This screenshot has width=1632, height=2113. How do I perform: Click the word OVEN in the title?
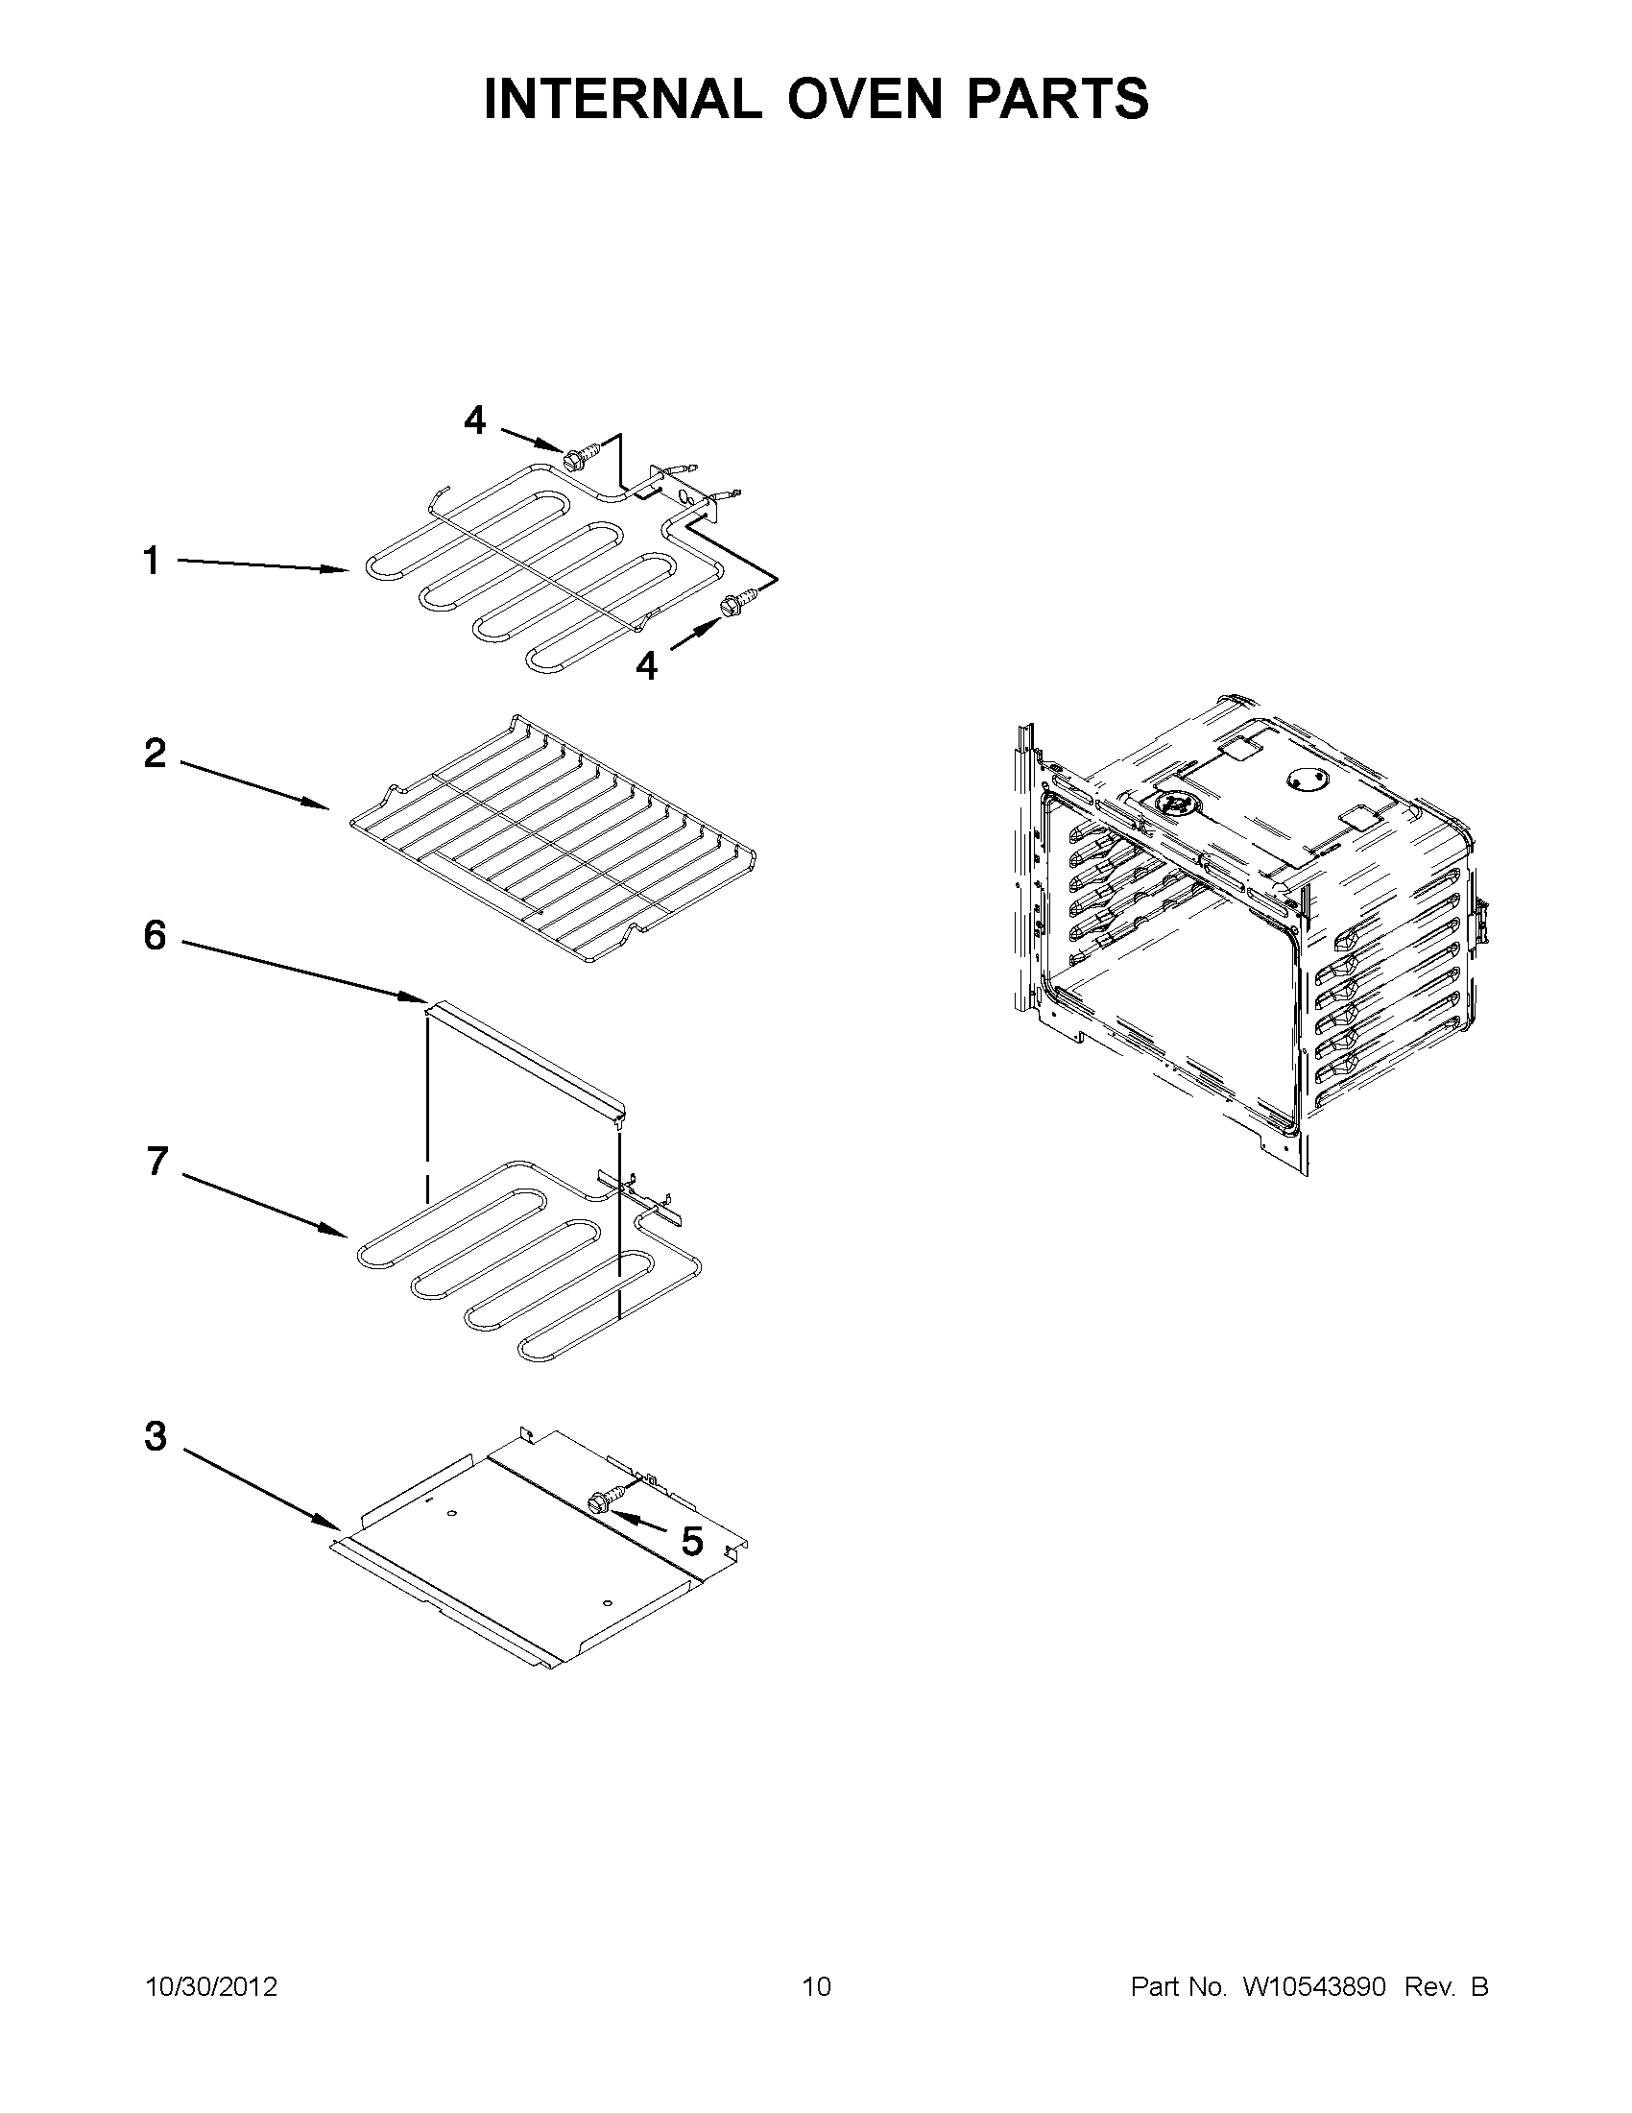coord(852,99)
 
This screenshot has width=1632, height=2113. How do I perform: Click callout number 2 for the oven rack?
coord(155,753)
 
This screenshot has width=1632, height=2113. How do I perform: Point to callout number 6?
coord(155,935)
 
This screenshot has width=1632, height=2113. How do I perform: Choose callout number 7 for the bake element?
coord(156,1161)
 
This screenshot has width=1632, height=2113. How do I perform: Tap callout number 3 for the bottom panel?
coord(156,1437)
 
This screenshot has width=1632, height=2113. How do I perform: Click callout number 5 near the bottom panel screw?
coord(692,1542)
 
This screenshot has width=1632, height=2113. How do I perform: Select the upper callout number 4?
coord(474,420)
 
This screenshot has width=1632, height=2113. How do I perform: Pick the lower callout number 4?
coord(646,664)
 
